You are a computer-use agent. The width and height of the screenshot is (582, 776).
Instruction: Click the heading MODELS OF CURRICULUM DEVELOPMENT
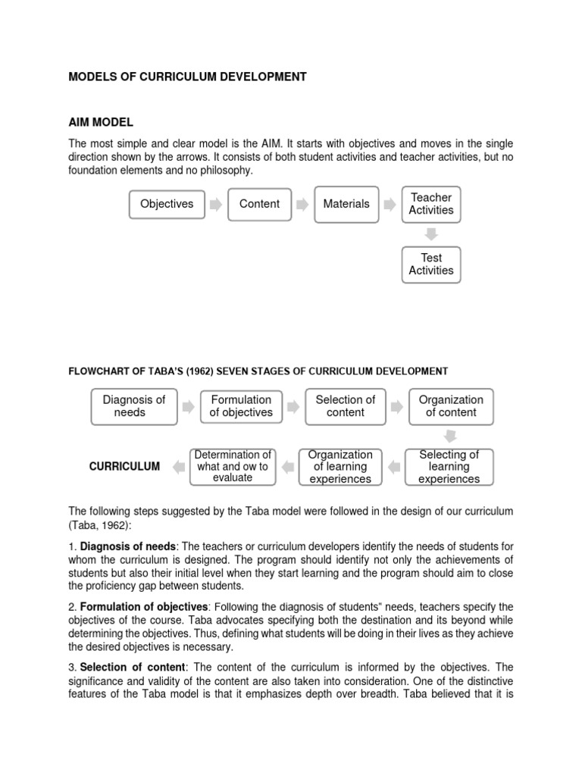click(188, 77)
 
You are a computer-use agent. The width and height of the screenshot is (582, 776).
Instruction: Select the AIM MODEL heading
click(101, 122)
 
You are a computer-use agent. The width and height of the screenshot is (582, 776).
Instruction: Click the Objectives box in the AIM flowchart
click(166, 204)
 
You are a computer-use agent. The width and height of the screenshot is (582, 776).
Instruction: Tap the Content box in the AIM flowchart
click(259, 204)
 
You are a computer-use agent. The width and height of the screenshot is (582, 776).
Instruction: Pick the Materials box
click(346, 204)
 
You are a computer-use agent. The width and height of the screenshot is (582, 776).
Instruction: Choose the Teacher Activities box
click(431, 204)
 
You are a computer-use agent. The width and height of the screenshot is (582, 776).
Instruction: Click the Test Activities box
click(431, 264)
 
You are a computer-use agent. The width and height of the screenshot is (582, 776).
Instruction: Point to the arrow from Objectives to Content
click(216, 205)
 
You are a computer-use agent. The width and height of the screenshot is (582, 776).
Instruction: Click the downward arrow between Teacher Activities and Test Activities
click(431, 234)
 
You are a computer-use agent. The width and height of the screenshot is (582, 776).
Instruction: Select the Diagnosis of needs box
click(134, 406)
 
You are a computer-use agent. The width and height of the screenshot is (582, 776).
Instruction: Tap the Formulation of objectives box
click(241, 406)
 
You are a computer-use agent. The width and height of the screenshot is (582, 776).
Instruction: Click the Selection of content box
click(346, 406)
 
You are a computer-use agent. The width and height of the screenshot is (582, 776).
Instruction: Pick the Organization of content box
click(451, 406)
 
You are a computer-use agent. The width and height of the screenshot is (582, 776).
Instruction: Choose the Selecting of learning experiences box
click(449, 466)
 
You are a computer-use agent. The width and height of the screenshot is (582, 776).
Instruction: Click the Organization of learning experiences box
click(340, 466)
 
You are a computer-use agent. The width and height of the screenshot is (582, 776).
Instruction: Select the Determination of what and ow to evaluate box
click(233, 466)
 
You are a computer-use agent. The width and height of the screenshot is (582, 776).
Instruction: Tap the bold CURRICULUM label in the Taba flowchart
click(124, 467)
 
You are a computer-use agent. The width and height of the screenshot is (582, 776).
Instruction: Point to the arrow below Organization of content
click(450, 436)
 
